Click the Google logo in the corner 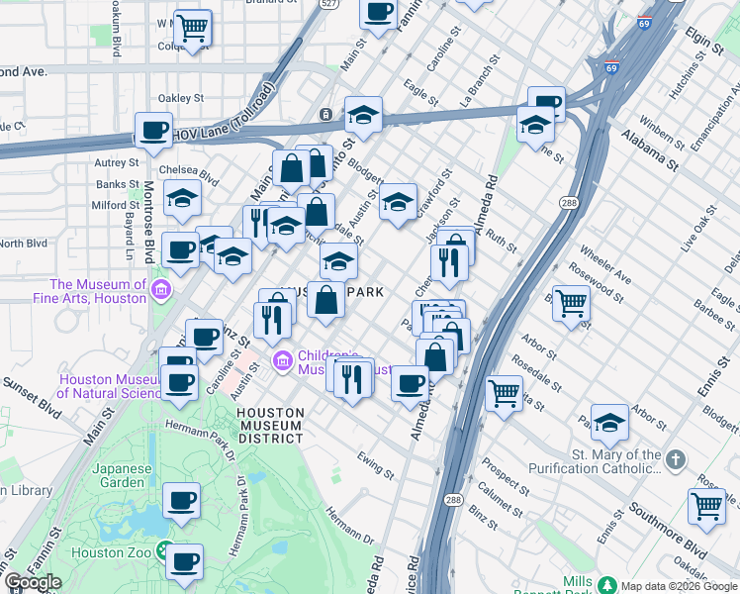coord(33,582)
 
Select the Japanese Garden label coord(123,475)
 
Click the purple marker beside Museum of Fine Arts coord(161,290)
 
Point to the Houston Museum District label coord(271,425)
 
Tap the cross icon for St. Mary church coord(676,459)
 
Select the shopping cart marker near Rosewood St coord(571,304)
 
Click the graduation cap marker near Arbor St coord(609,422)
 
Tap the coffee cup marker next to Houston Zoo coord(184,562)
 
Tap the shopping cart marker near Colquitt coord(193,27)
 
